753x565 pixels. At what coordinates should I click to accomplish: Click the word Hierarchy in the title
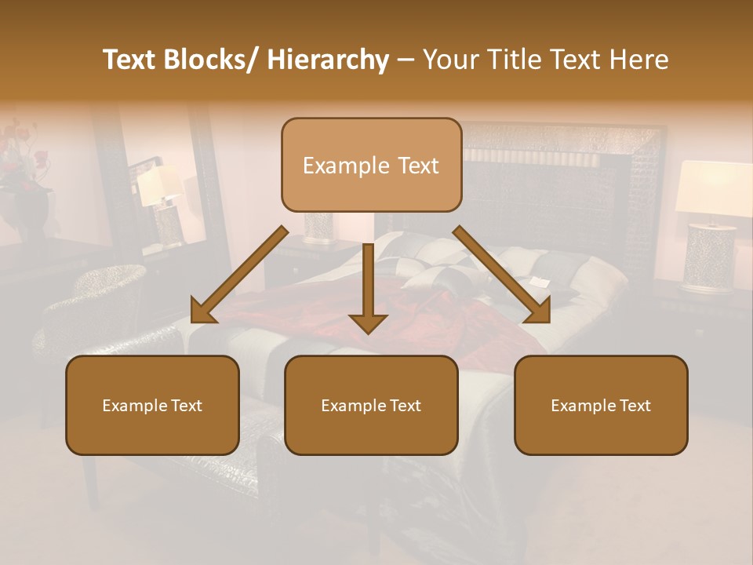pyautogui.click(x=328, y=60)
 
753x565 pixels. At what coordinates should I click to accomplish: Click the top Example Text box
pyautogui.click(x=371, y=165)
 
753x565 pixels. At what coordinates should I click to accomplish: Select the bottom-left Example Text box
pyautogui.click(x=152, y=405)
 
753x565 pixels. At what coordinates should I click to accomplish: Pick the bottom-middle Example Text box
pyautogui.click(x=371, y=405)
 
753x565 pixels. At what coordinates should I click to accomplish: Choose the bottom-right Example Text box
pyautogui.click(x=601, y=405)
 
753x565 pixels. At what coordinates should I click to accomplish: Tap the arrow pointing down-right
pyautogui.click(x=502, y=275)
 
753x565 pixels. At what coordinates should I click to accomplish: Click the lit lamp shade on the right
pyautogui.click(x=712, y=187)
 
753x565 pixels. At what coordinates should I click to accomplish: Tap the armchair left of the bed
pyautogui.click(x=94, y=314)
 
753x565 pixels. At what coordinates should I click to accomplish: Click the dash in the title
pyautogui.click(x=406, y=60)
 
